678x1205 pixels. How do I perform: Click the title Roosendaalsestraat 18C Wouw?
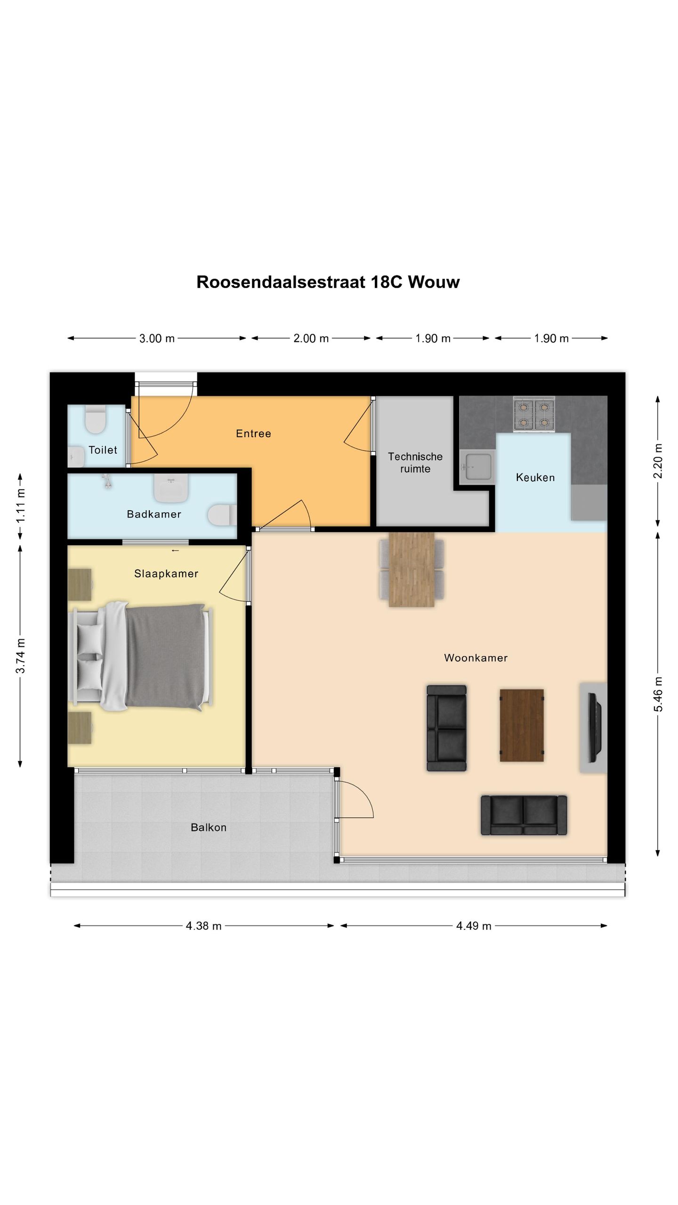(328, 282)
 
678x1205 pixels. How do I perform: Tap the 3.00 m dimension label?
(157, 338)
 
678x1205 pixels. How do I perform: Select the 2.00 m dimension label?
(311, 338)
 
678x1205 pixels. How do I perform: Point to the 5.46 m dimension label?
(658, 694)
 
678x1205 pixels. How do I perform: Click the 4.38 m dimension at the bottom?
(203, 926)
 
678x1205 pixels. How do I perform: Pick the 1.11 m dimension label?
(20, 506)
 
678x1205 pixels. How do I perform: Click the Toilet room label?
(103, 450)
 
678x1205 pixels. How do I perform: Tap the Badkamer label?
(154, 514)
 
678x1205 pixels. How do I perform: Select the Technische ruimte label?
(415, 462)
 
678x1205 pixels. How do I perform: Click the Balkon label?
(209, 827)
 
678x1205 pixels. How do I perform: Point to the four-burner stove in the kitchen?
(534, 414)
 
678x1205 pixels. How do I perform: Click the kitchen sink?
(477, 467)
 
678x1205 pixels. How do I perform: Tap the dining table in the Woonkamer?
(412, 570)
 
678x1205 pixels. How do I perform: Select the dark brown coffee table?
(522, 725)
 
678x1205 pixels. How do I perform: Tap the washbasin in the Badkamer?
(171, 487)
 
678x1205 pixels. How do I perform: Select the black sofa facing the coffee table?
(446, 728)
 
